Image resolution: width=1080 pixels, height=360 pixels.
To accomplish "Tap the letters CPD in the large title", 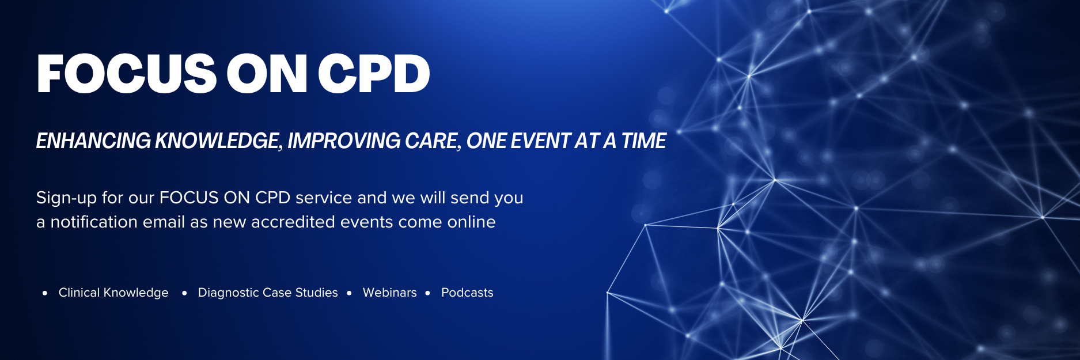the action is tap(374, 74).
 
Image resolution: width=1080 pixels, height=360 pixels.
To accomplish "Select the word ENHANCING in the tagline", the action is tap(93, 141).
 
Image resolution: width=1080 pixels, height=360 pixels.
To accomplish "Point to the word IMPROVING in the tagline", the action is tap(344, 141).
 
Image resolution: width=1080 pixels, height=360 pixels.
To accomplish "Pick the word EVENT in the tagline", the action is tap(540, 141).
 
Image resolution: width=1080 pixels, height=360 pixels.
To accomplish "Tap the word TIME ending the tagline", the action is tap(643, 141).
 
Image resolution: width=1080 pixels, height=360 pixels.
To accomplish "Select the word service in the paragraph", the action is tap(324, 198).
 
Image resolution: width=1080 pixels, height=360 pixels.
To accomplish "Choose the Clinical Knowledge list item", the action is tap(113, 293).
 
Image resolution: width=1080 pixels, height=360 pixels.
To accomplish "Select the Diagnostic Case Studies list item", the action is tap(268, 293).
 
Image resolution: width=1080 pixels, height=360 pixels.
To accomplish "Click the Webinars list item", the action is tap(390, 293).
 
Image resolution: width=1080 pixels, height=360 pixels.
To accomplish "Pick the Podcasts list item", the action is tap(467, 293).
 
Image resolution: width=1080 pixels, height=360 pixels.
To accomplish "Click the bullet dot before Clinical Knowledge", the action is tap(45, 293).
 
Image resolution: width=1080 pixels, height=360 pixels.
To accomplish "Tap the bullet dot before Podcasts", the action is tap(427, 293).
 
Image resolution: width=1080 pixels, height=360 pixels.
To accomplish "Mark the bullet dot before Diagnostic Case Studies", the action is tap(184, 293).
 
